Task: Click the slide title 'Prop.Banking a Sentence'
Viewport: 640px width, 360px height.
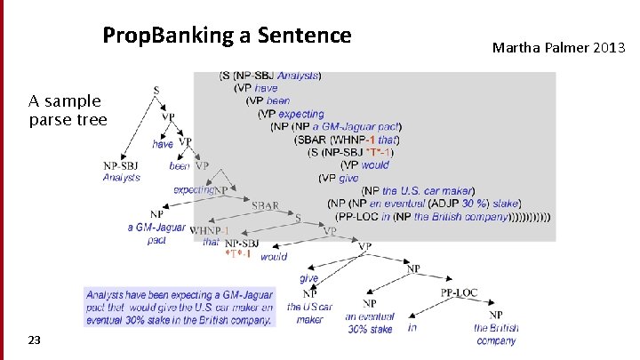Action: click(x=227, y=36)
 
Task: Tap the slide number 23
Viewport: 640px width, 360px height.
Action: click(x=34, y=340)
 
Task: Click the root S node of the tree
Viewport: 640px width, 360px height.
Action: click(x=156, y=90)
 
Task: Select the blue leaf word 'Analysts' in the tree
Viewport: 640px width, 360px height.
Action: click(x=122, y=178)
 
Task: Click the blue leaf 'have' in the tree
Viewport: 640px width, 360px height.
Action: click(x=163, y=144)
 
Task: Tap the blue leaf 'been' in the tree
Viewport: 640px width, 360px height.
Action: click(x=180, y=166)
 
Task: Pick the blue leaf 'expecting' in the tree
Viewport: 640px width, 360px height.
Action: click(x=192, y=189)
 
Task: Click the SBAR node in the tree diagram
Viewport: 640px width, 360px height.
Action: click(x=265, y=205)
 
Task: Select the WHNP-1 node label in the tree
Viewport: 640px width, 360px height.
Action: click(x=210, y=230)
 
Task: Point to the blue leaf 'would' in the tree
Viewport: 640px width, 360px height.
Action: click(x=274, y=256)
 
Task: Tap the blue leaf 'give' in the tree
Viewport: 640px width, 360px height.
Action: click(x=308, y=278)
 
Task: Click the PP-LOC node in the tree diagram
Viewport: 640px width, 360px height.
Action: click(x=459, y=292)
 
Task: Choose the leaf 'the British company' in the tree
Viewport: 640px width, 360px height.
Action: click(x=495, y=334)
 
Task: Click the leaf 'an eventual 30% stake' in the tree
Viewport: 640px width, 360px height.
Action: click(x=369, y=323)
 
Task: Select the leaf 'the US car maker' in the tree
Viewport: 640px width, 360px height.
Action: click(x=309, y=313)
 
